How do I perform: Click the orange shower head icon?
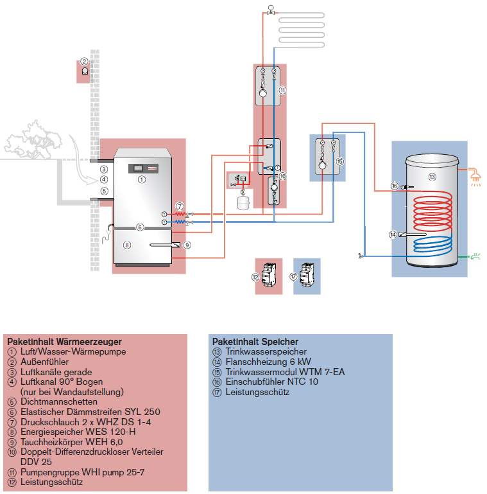point(475,173)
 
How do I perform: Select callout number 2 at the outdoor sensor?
point(84,62)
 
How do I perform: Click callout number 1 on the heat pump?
point(142,180)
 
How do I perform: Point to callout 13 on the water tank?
point(432,176)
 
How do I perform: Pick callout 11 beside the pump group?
point(282,91)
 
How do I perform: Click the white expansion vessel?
point(243,203)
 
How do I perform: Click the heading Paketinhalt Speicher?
point(255,342)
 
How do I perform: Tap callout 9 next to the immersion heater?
point(187,245)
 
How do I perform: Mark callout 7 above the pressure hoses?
point(180,206)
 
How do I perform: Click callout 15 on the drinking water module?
point(339,162)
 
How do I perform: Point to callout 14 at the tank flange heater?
point(393,235)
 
